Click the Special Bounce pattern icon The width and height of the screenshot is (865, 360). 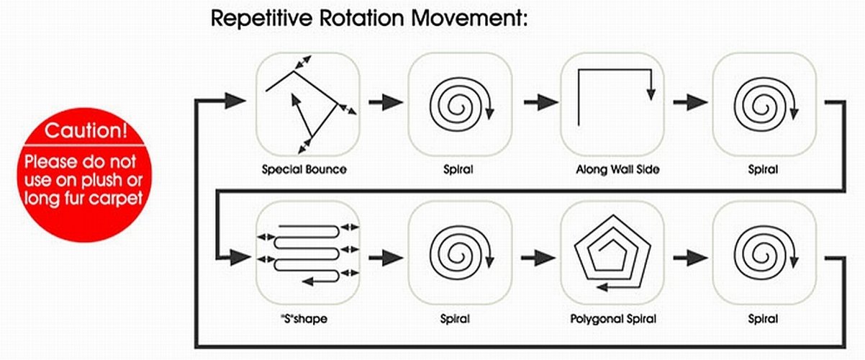point(308,104)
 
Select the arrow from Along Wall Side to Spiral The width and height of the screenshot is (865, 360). point(688,102)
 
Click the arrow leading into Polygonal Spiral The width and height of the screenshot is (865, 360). point(536,255)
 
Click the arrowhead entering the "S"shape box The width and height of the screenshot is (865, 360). point(237,255)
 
